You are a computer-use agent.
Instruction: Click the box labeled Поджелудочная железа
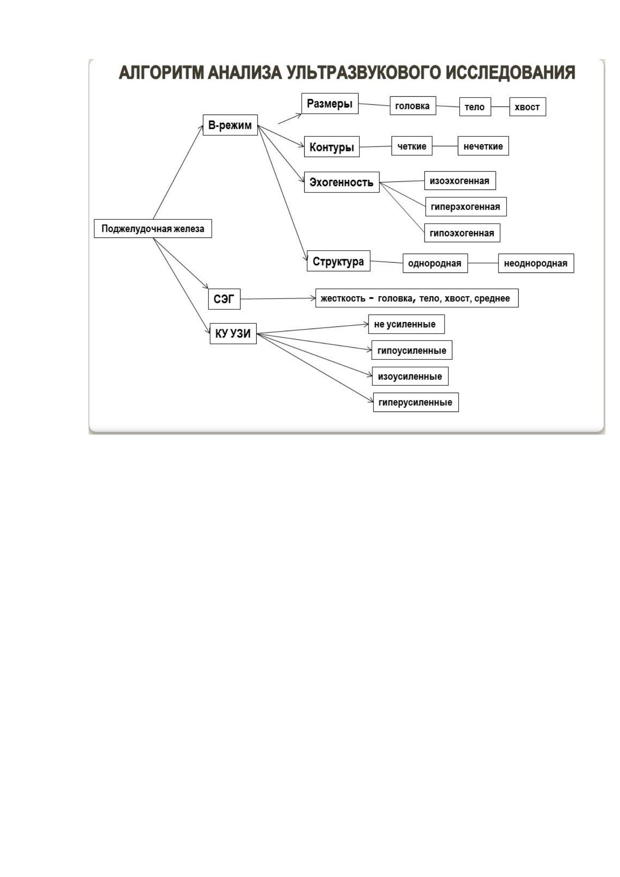pos(153,228)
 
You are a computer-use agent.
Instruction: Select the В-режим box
pos(230,125)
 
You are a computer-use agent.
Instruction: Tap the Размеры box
pos(330,104)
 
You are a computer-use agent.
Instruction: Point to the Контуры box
pos(332,147)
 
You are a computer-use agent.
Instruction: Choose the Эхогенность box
pos(342,182)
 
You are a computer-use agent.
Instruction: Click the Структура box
pos(338,261)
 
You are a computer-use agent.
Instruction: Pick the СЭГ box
pos(224,299)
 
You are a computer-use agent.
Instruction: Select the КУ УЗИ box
pos(233,333)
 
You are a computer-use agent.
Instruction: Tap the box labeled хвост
pos(528,107)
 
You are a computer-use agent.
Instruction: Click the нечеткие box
pos(483,146)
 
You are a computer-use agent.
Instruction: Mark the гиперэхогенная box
pos(466,207)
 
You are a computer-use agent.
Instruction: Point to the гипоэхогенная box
pos(462,233)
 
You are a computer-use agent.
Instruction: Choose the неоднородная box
pos(536,263)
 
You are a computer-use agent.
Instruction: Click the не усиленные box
pos(406,324)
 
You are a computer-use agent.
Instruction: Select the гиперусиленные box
pos(416,402)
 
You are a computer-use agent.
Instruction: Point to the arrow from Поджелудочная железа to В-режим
pos(178,172)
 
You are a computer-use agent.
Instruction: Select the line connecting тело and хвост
pos(500,107)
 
